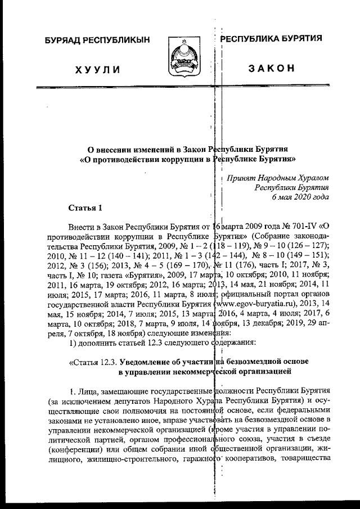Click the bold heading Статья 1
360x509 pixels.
tap(85, 208)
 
